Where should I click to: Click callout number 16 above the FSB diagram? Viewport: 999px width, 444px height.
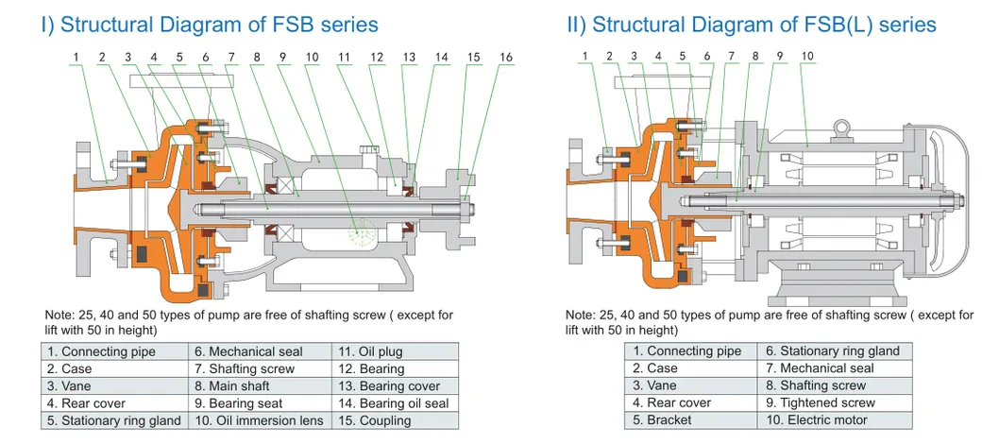pyautogui.click(x=506, y=58)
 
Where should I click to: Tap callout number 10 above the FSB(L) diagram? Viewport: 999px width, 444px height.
pyautogui.click(x=807, y=57)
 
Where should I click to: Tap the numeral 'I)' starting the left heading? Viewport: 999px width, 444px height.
pyautogui.click(x=47, y=25)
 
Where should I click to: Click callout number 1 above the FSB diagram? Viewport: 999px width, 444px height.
pyautogui.click(x=75, y=58)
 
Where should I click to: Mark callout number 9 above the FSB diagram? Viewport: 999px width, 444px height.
pyautogui.click(x=282, y=58)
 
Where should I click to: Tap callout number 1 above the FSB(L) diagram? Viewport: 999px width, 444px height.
pyautogui.click(x=585, y=57)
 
